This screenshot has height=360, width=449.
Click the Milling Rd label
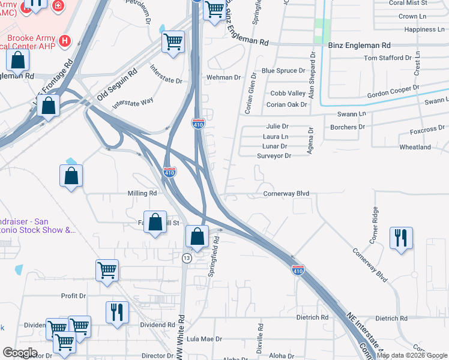tap(142, 194)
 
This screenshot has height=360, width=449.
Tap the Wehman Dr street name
tap(223, 78)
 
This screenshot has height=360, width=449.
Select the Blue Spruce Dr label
tap(283, 71)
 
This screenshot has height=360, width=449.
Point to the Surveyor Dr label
tap(274, 156)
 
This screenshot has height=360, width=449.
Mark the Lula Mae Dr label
tap(205, 339)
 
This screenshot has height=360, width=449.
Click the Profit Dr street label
tap(74, 296)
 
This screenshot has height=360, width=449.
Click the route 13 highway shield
tap(187, 258)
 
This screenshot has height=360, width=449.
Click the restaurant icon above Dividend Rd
tap(116, 311)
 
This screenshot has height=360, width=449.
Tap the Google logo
tap(20, 353)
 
